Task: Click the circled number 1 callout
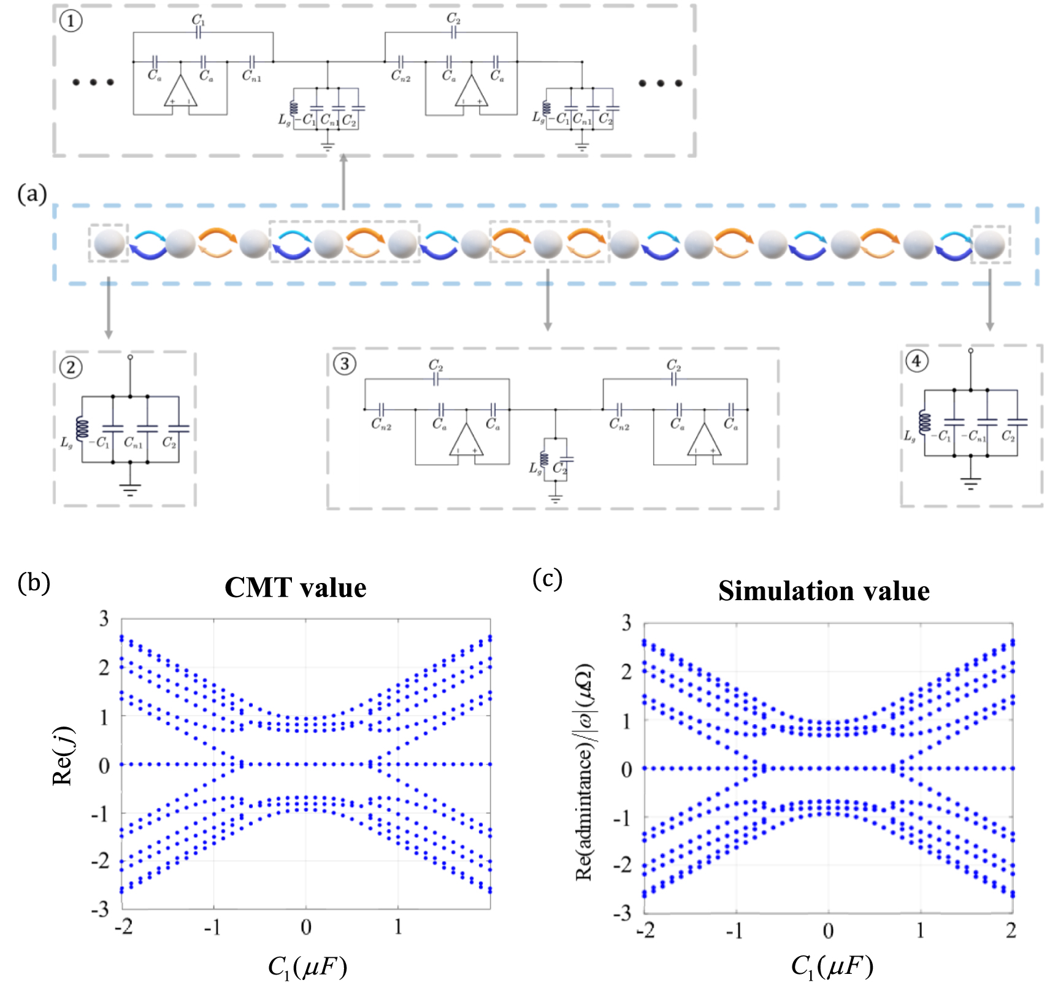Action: pyautogui.click(x=71, y=22)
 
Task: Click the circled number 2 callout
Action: pyautogui.click(x=71, y=368)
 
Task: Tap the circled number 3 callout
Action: pyautogui.click(x=344, y=364)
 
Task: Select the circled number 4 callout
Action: pyautogui.click(x=916, y=361)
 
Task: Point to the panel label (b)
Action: pyautogui.click(x=34, y=582)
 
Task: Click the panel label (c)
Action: pyautogui.click(x=547, y=578)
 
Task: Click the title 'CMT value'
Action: pyautogui.click(x=295, y=588)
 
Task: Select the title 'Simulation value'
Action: pyautogui.click(x=824, y=591)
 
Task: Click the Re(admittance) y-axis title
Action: pyautogui.click(x=584, y=772)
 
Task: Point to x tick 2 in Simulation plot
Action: pyautogui.click(x=1011, y=931)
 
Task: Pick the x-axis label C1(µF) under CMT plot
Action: pyautogui.click(x=307, y=967)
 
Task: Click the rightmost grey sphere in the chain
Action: pyautogui.click(x=989, y=244)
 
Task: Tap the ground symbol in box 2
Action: pyautogui.click(x=130, y=489)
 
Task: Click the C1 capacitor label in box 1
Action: pyautogui.click(x=198, y=20)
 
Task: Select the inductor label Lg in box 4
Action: pyautogui.click(x=910, y=435)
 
